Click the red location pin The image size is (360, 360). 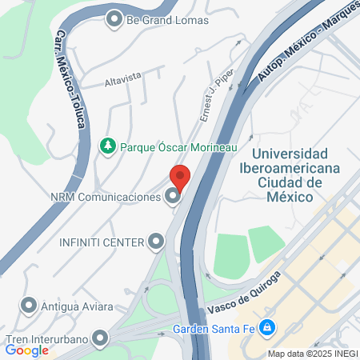pos(180,176)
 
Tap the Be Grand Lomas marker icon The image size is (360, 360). pos(114,18)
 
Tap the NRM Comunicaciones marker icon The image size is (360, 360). pos(172,196)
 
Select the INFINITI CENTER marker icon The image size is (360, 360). pos(156,241)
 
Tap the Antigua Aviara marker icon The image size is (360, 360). pos(30,306)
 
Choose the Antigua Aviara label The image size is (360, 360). pos(77,306)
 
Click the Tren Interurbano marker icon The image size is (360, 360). pos(100,338)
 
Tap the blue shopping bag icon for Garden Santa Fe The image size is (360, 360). pos(268,326)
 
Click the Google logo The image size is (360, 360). pos(27,350)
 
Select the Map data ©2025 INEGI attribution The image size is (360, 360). pos(311,354)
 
